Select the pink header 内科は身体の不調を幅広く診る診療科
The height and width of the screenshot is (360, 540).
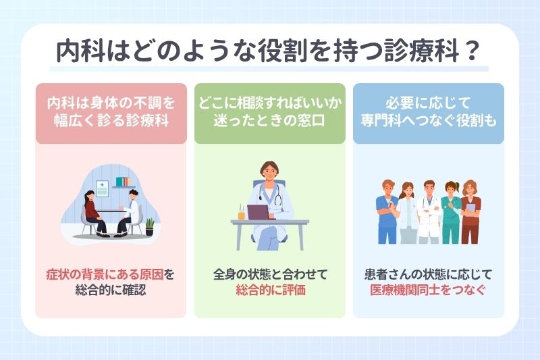pos(111,113)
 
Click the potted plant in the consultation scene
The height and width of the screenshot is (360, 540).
pos(149,226)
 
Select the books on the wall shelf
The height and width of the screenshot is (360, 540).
pos(122,182)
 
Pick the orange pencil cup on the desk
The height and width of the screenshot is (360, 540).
pos(241,213)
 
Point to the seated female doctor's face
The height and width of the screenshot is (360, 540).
pos(269,172)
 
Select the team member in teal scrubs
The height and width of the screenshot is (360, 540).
pos(450,209)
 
